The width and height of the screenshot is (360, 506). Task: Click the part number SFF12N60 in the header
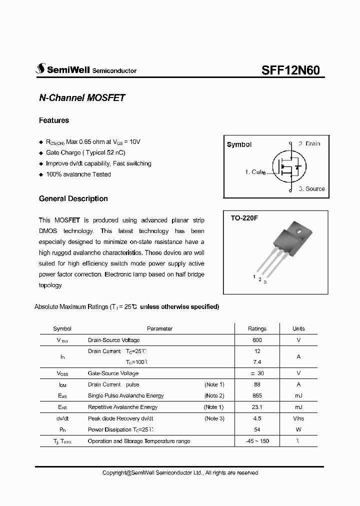(x=293, y=70)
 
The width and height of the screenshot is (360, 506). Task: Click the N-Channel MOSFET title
(x=81, y=98)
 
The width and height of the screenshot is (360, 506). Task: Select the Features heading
(x=54, y=120)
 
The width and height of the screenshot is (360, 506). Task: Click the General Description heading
(x=73, y=198)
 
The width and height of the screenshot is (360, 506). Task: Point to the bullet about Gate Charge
(x=78, y=152)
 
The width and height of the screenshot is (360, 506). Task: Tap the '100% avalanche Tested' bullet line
(x=78, y=174)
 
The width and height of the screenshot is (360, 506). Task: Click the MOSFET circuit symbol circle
(x=288, y=166)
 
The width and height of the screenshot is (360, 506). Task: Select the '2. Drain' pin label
(x=309, y=143)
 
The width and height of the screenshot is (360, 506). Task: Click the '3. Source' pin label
(x=311, y=188)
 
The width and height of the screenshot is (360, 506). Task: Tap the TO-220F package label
(x=243, y=218)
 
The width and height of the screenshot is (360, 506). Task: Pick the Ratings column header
(x=257, y=328)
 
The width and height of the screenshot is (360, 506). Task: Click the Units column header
(x=298, y=328)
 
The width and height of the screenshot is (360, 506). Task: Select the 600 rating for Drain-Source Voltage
(x=257, y=340)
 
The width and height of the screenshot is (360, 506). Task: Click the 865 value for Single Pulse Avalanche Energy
(x=257, y=395)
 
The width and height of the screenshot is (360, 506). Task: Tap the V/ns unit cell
(x=298, y=418)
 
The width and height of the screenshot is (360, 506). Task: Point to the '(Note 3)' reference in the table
(x=214, y=418)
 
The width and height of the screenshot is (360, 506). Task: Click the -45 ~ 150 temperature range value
(x=257, y=441)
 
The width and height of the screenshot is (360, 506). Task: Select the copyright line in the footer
(x=180, y=472)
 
